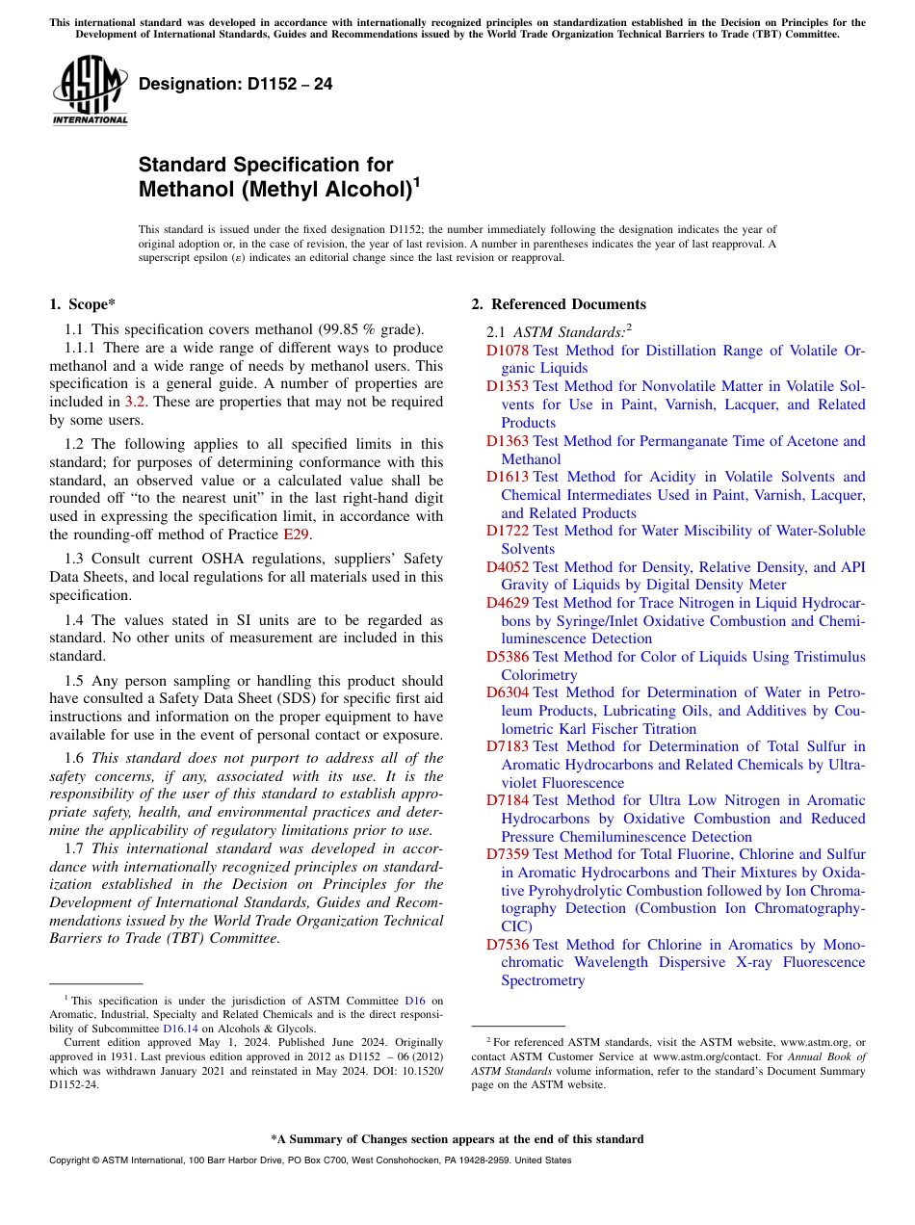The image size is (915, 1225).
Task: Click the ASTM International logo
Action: [90, 91]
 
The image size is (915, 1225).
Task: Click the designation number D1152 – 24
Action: [236, 85]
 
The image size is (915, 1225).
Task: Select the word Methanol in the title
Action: [184, 189]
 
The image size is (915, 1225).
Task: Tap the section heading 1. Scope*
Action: [82, 304]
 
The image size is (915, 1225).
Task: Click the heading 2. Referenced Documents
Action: [558, 304]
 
